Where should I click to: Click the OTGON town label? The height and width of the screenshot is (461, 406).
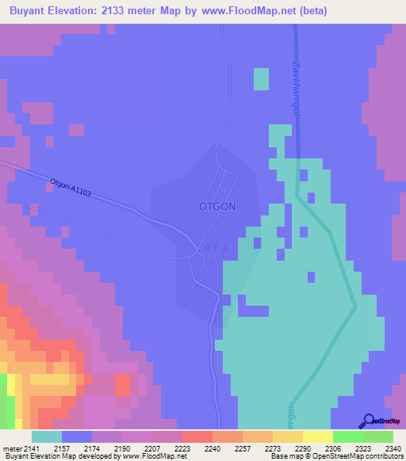point(216,206)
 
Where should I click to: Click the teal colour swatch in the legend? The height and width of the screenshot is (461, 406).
point(47,436)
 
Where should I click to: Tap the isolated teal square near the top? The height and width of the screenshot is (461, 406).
point(261,79)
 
